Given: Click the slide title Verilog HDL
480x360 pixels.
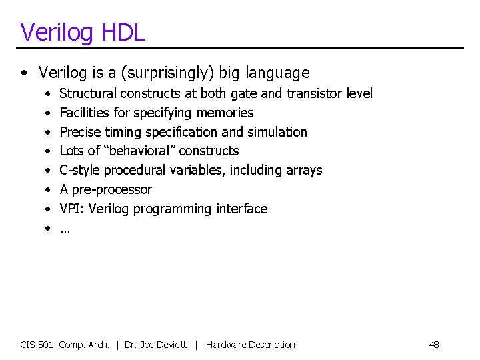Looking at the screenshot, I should coord(83,32).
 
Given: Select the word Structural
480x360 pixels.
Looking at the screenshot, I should coord(87,94).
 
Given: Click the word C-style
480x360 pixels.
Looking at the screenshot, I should coord(79,170).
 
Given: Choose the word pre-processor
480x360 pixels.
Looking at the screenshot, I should coord(112,189).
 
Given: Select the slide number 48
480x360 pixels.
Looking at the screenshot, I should coord(434,345).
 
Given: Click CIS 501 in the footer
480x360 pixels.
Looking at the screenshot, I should coord(38,345).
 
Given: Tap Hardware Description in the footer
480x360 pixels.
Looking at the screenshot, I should coord(250,345).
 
